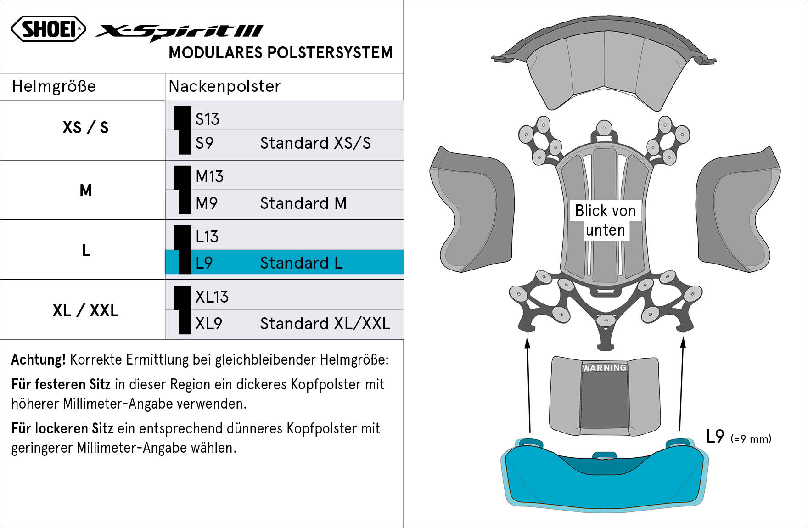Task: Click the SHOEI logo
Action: point(49,29)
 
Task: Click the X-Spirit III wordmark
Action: point(179,33)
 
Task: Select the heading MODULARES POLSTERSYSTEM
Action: point(281,53)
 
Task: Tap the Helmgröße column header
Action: point(54,86)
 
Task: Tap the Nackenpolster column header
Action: point(224,86)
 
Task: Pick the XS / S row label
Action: point(85,127)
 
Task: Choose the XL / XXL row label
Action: point(85,311)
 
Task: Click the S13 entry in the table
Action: point(208,119)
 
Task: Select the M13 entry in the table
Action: point(209,177)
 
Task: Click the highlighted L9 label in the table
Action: point(204,263)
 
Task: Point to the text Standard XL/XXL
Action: point(325,324)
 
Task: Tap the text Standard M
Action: point(303,203)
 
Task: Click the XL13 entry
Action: point(212,297)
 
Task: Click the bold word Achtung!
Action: point(39,359)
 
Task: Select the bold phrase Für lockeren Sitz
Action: point(62,428)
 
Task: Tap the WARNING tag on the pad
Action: point(604,368)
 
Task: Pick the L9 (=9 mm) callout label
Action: point(739,437)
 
